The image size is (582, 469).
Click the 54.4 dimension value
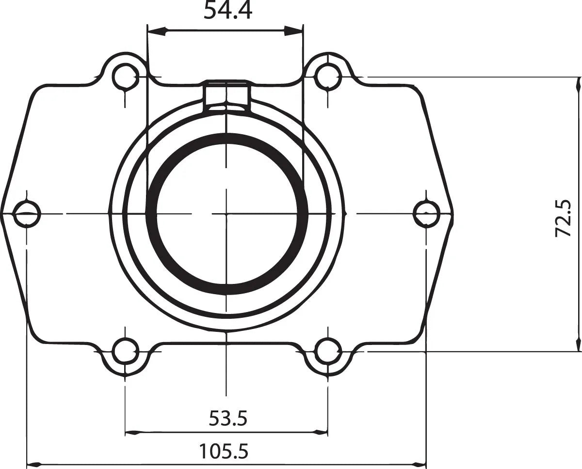click(x=227, y=11)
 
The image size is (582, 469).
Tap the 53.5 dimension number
click(x=228, y=418)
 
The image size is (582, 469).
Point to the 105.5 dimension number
click(x=224, y=452)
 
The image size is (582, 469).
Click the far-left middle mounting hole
click(x=27, y=213)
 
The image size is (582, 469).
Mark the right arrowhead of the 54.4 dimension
click(x=294, y=32)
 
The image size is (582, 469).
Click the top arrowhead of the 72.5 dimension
click(x=578, y=85)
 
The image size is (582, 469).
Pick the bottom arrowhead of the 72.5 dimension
click(x=578, y=343)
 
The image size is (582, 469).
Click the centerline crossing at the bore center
click(x=226, y=213)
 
